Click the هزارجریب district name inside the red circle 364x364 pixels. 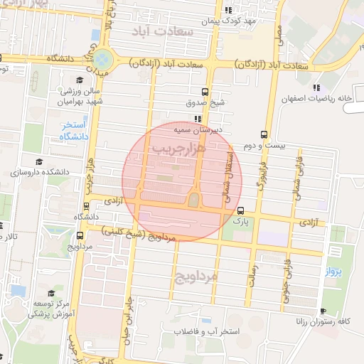[x=178, y=148]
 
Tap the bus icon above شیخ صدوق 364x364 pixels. [x=205, y=92]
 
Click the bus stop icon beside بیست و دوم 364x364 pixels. [x=264, y=134]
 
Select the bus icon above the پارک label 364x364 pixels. [x=241, y=211]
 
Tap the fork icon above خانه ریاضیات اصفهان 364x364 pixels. [x=316, y=87]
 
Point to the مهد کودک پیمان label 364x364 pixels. [x=227, y=21]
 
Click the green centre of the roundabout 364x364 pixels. [x=103, y=58]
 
